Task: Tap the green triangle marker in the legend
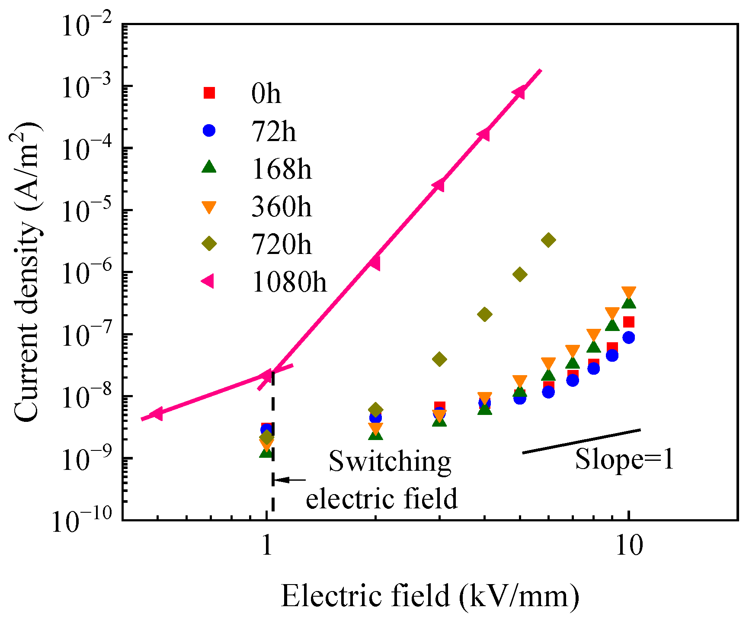(209, 167)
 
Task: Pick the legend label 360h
(281, 207)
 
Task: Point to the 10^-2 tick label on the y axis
(87, 26)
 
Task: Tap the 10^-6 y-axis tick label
(87, 273)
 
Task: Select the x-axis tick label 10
(629, 546)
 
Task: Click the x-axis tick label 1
(267, 546)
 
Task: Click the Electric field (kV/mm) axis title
(430, 596)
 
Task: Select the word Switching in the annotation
(390, 462)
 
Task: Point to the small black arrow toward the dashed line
(289, 480)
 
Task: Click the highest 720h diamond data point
(548, 240)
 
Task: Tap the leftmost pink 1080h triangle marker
(157, 414)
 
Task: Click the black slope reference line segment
(581, 441)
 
